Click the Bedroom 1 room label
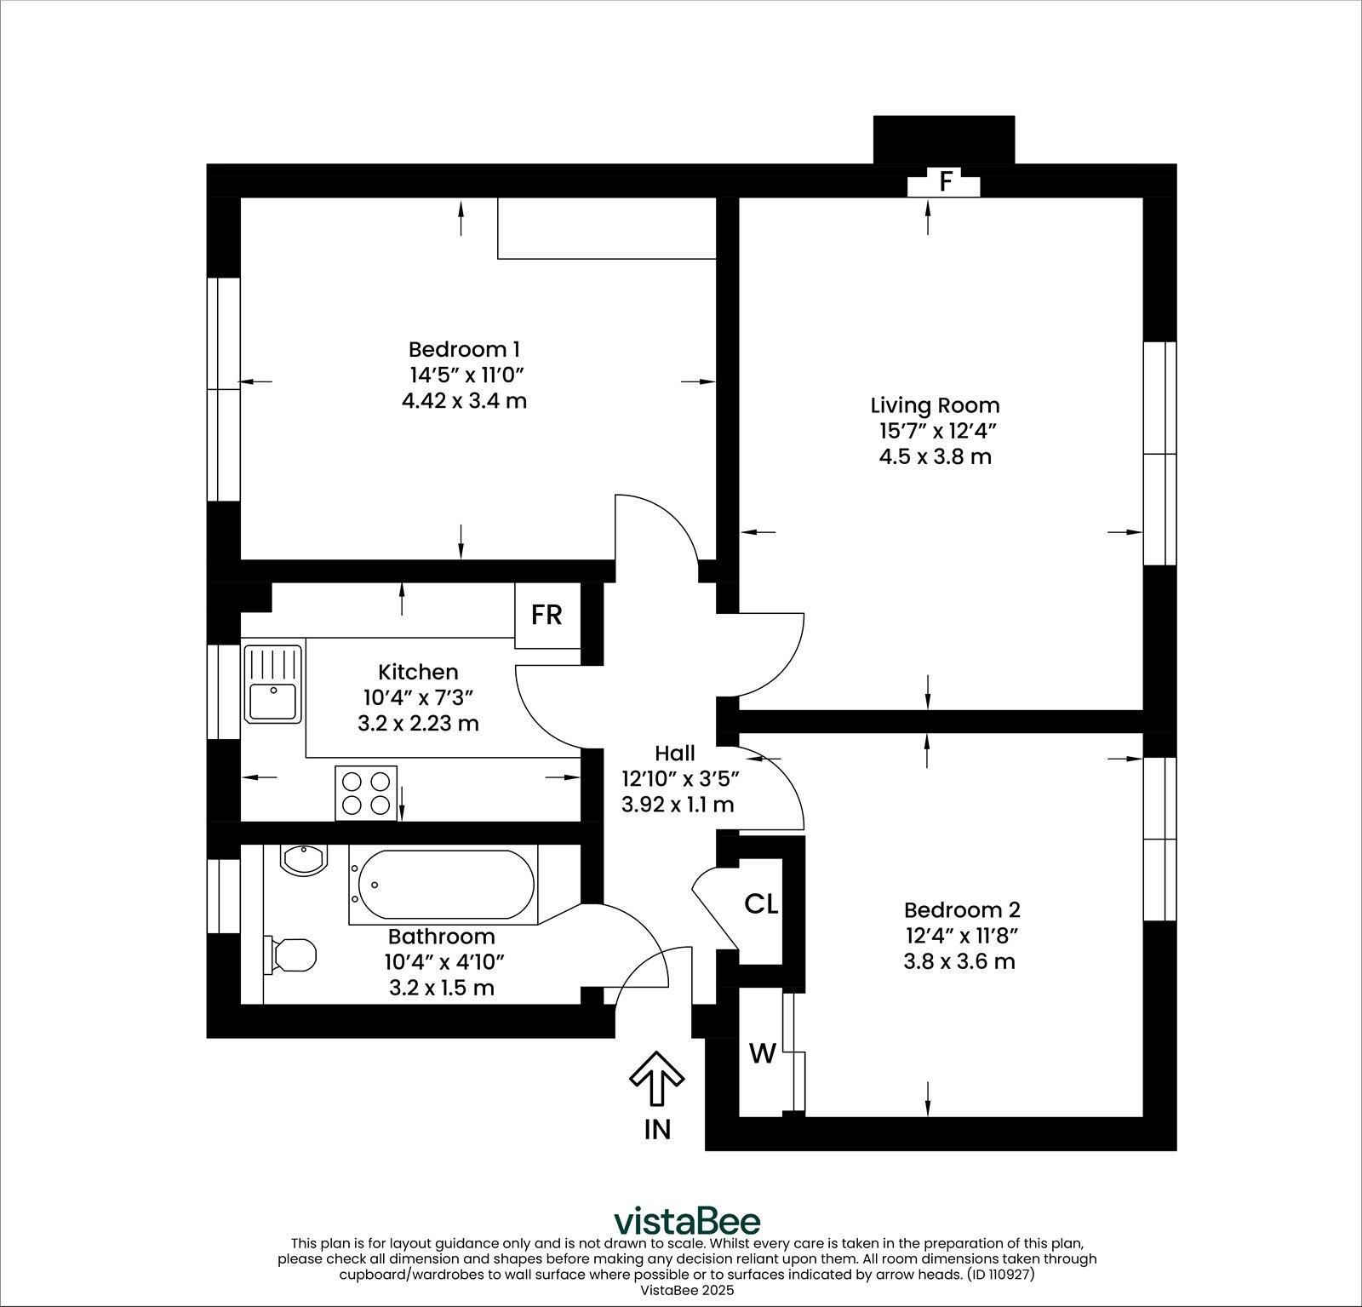464,349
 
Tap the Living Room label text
935,405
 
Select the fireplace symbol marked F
944,182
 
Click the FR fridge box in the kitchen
547,615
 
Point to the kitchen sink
272,684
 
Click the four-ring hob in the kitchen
367,793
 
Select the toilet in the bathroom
292,954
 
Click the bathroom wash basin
301,859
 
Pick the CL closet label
761,904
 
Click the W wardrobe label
762,1054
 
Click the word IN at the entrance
657,1129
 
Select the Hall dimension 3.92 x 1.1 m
678,804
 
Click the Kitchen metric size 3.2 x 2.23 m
418,724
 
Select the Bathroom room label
441,937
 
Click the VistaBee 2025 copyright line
686,1290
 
